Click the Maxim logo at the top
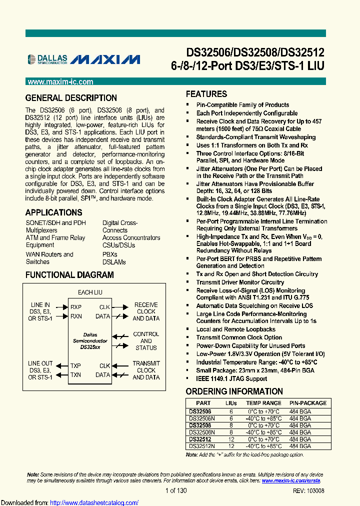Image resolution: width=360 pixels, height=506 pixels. (x=105, y=60)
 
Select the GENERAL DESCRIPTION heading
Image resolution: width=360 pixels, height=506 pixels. (x=71, y=98)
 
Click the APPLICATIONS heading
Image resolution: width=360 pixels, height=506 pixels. (x=53, y=212)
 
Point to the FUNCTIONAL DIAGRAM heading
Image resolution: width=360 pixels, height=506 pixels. (x=69, y=275)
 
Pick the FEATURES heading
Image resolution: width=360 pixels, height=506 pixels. (x=206, y=94)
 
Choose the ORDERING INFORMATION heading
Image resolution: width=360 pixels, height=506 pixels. (x=234, y=391)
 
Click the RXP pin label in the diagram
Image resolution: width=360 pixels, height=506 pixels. (x=75, y=307)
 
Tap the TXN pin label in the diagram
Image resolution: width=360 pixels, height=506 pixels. (x=75, y=374)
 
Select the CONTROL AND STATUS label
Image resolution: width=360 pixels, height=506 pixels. (x=146, y=341)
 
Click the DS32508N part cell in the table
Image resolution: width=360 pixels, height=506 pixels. (x=202, y=432)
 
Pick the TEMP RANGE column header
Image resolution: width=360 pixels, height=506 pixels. (x=263, y=403)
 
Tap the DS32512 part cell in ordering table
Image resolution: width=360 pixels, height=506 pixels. (x=200, y=439)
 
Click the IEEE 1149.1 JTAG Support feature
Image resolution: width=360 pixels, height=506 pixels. (x=231, y=378)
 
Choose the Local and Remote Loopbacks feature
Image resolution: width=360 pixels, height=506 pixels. (x=235, y=329)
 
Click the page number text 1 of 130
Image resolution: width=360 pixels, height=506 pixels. (x=176, y=491)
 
